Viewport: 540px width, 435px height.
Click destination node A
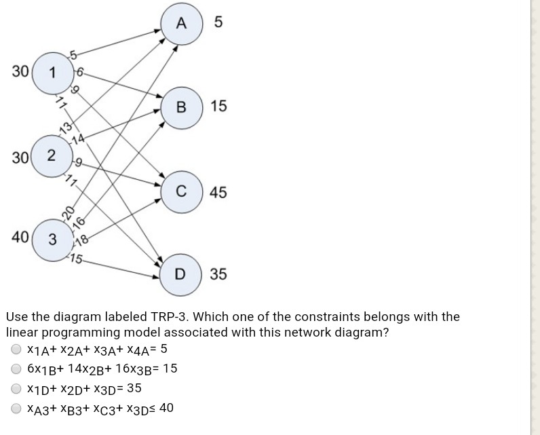(x=180, y=22)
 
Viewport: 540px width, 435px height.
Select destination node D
(x=180, y=275)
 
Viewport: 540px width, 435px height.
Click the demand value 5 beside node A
(x=217, y=22)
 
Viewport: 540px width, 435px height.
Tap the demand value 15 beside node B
(x=219, y=107)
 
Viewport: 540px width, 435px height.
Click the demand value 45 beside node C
(x=219, y=192)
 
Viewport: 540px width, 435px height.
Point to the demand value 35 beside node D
(x=219, y=275)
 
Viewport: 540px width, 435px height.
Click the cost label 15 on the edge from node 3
(x=78, y=259)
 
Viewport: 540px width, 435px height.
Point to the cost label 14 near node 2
(x=79, y=140)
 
